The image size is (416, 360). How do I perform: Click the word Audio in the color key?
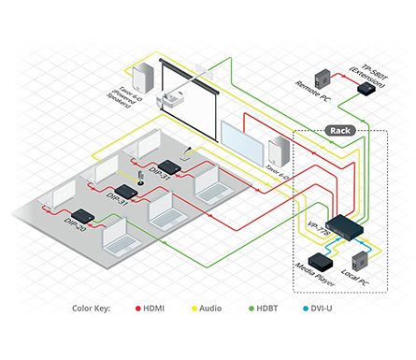coord(212,309)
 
